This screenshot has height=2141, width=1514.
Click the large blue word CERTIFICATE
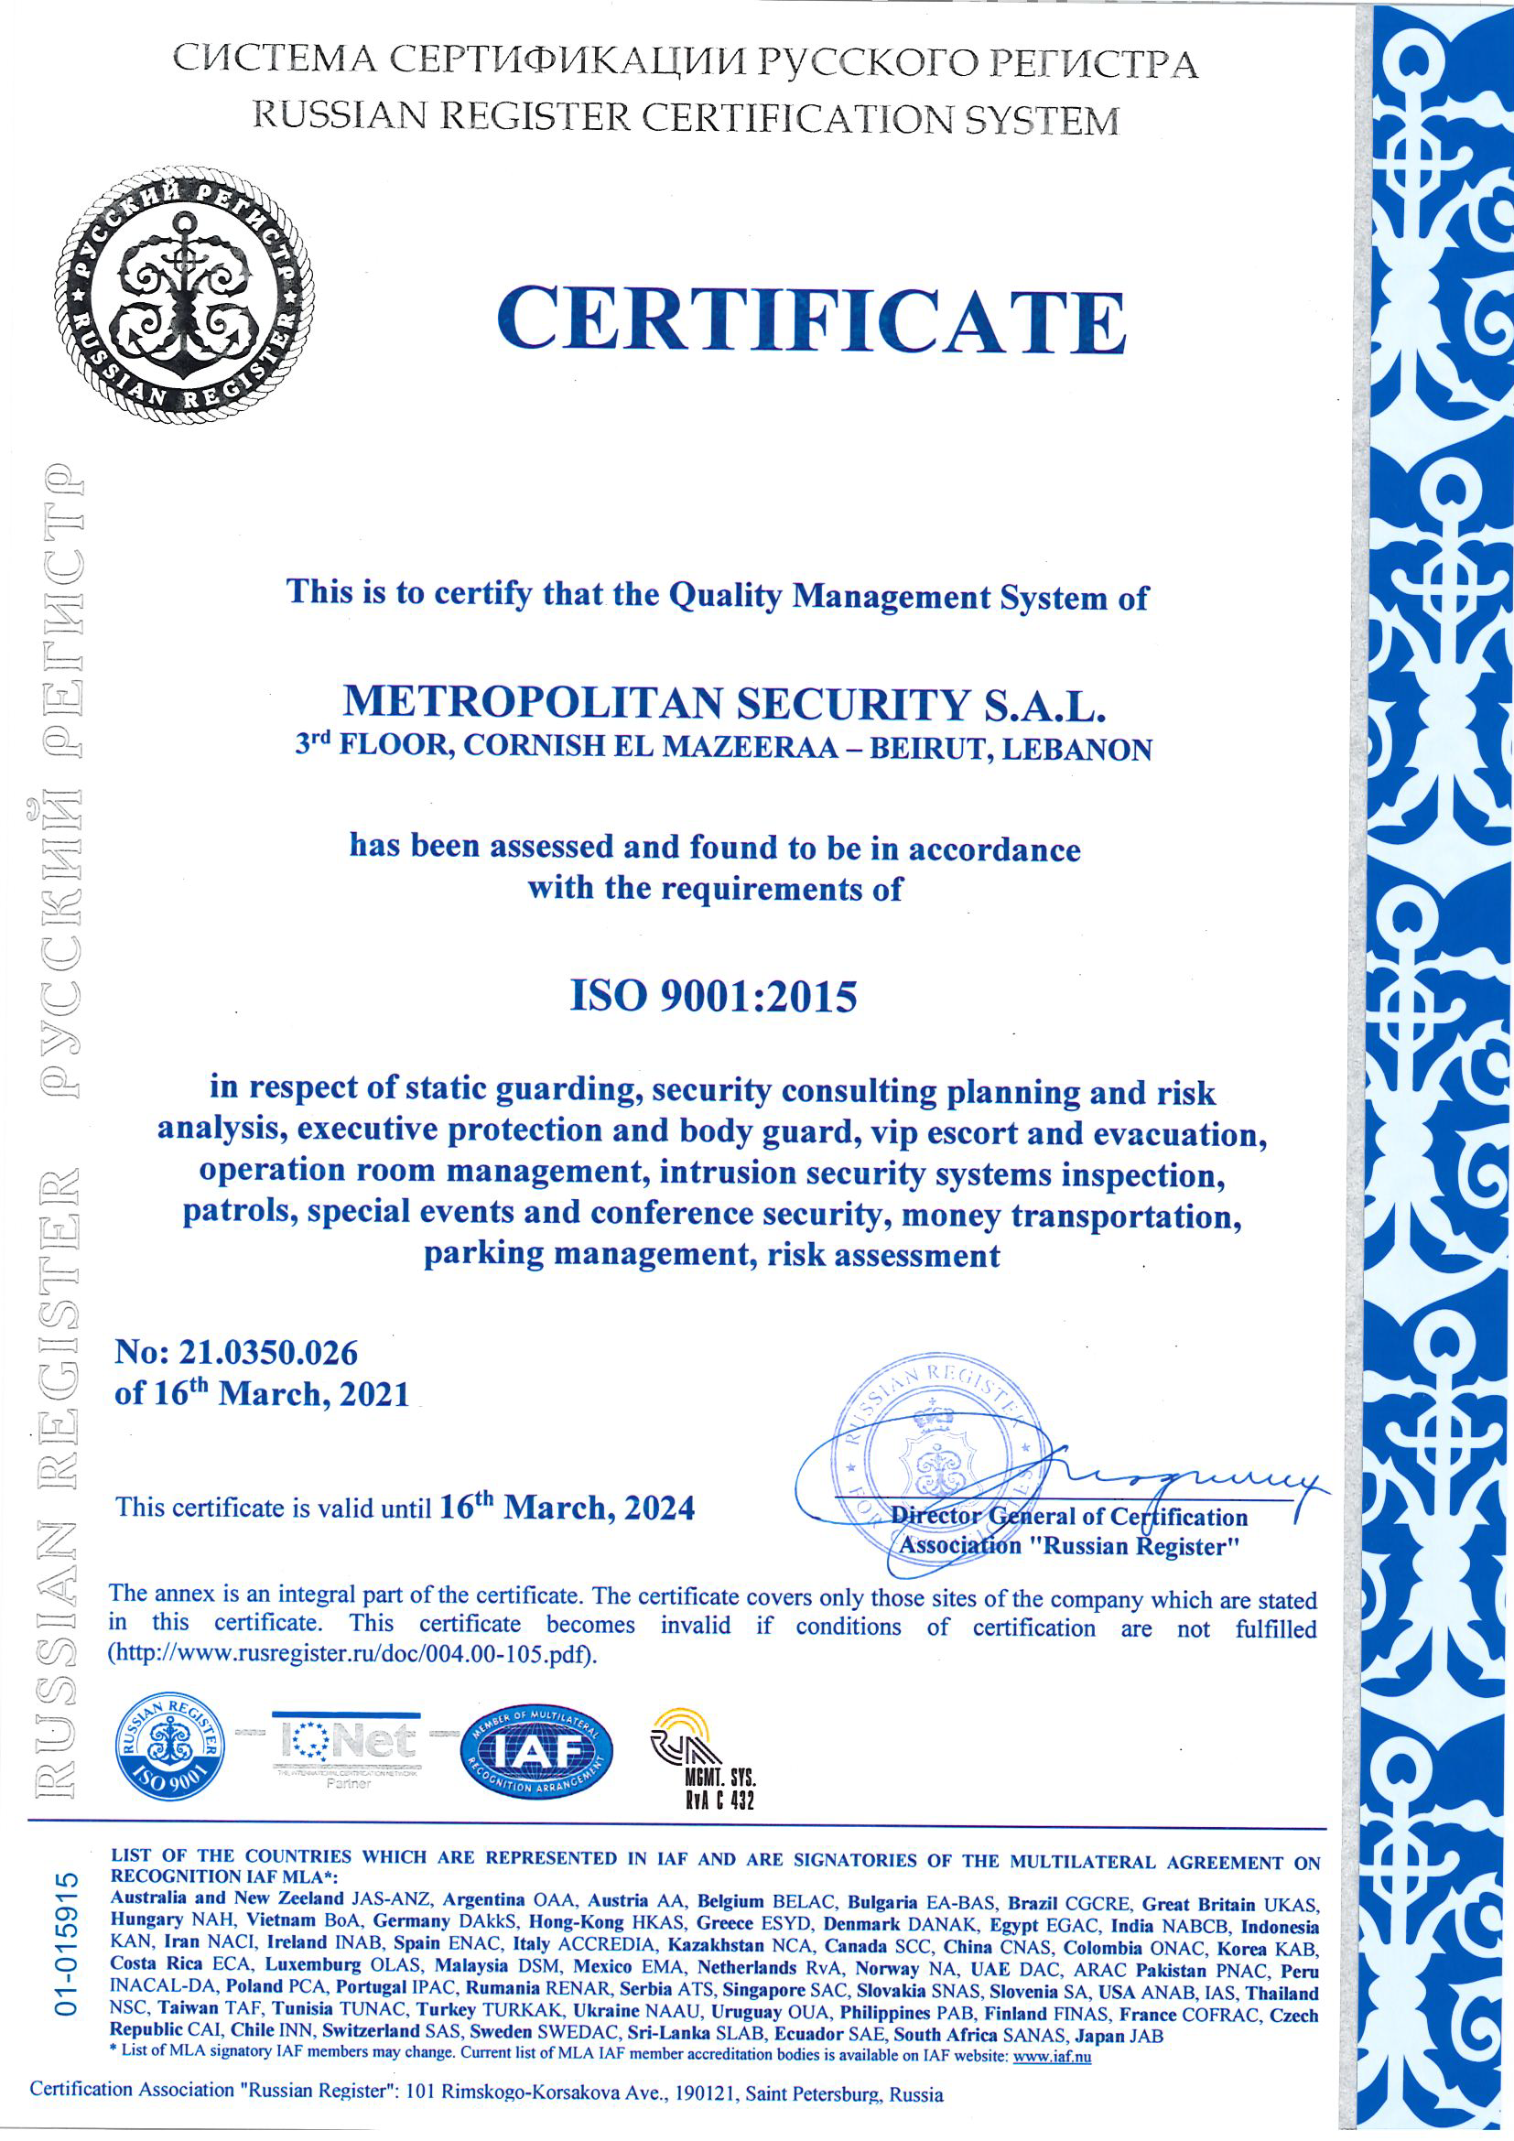pos(811,319)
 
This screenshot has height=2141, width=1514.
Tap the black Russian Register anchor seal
pos(185,295)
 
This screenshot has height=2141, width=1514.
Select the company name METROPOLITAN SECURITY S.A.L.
pos(723,704)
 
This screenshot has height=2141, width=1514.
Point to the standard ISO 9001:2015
pos(713,996)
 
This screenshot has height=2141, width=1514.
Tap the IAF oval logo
pos(537,1754)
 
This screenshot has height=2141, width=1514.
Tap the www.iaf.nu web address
pos(1052,2055)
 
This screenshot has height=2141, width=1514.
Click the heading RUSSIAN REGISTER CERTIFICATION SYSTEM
pos(687,117)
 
